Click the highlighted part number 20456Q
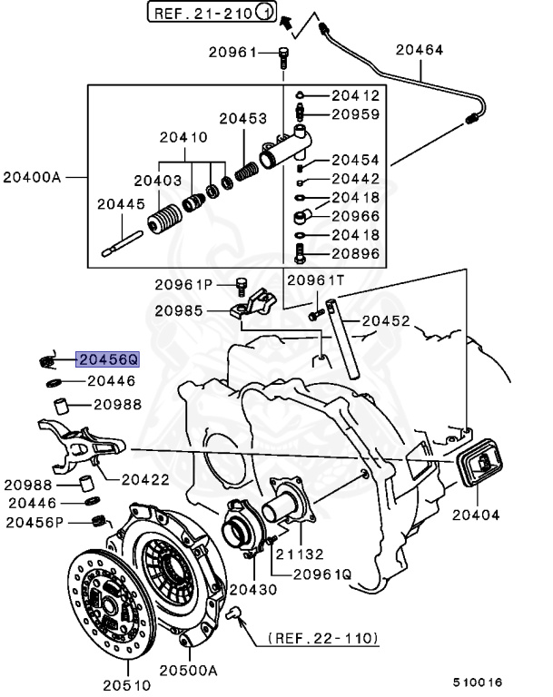(108, 359)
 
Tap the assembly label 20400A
(33, 176)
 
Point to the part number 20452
(387, 320)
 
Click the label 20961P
(185, 285)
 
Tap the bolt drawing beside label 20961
(283, 58)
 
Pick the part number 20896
(355, 253)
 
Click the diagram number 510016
(479, 682)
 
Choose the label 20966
(355, 217)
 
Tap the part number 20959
(355, 114)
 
